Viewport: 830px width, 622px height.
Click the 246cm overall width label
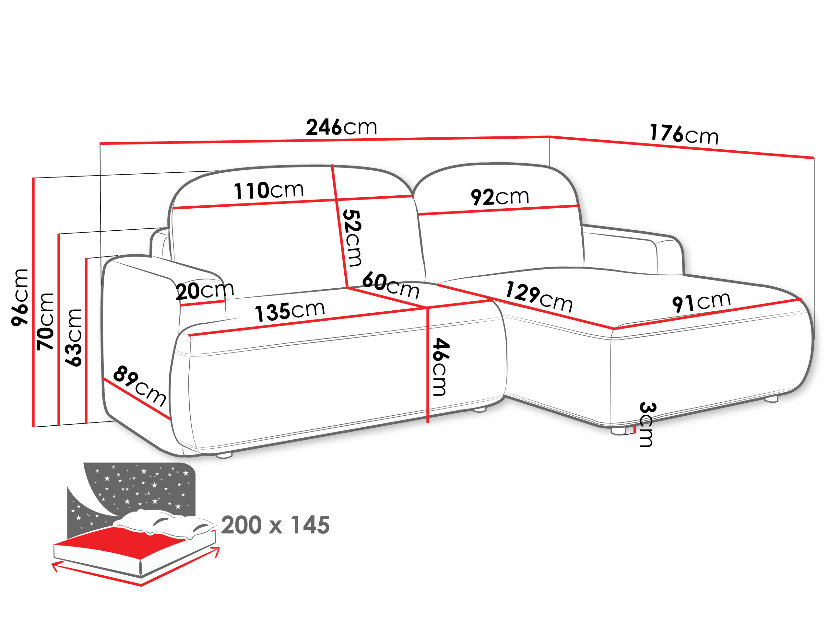[341, 127]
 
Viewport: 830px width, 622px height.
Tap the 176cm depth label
[684, 134]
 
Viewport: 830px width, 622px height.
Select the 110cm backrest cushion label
[269, 190]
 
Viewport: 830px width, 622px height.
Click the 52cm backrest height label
[353, 238]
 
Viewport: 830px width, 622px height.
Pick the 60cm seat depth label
[391, 285]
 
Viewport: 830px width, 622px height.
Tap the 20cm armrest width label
[205, 291]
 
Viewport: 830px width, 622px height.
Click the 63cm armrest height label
[74, 338]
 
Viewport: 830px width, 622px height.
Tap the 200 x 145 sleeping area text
[275, 525]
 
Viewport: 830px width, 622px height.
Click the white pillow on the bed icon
[165, 523]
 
